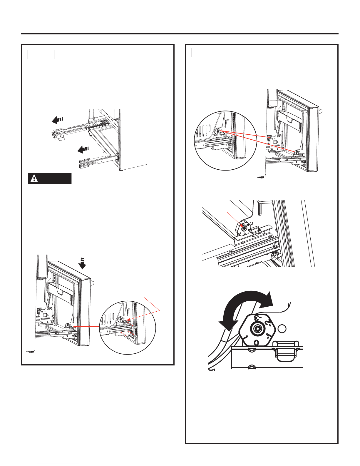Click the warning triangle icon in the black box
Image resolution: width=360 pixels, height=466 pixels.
(35, 179)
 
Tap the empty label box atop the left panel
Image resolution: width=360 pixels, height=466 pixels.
(41, 54)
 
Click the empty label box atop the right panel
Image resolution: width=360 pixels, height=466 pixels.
(205, 52)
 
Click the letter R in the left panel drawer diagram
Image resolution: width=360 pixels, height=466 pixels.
(51, 309)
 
